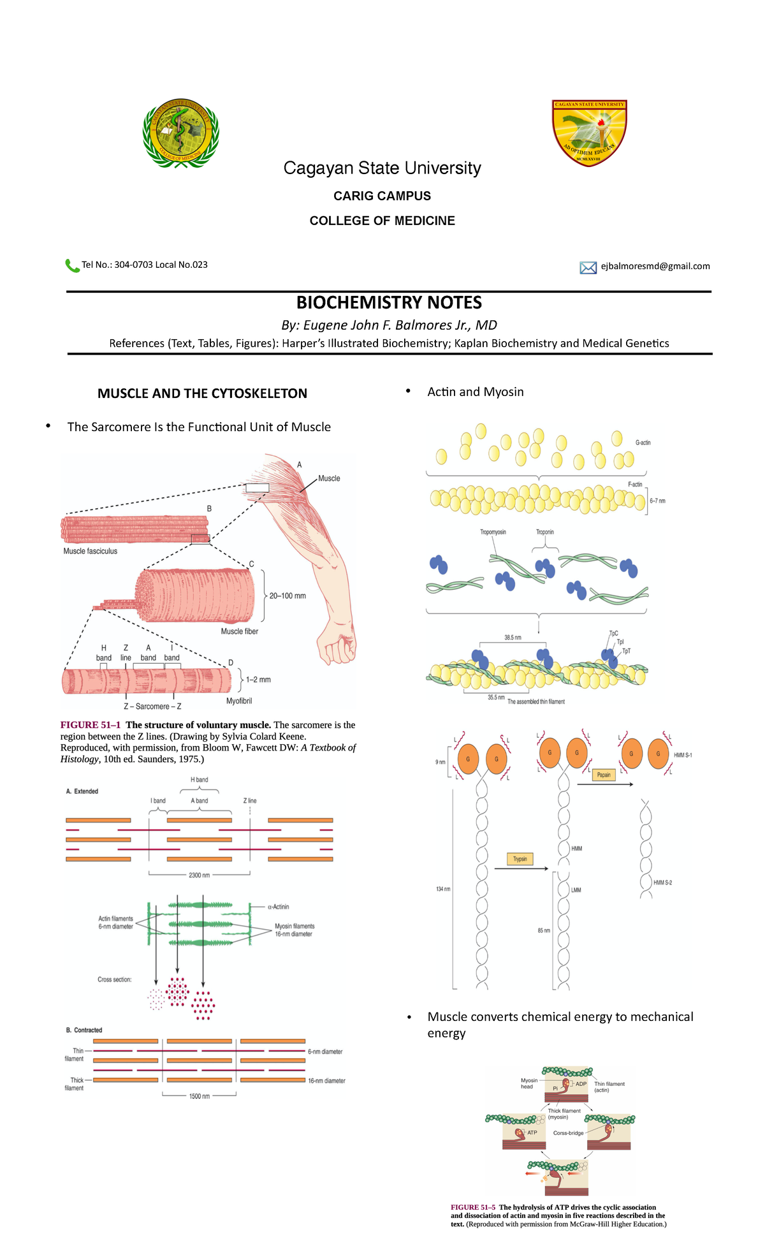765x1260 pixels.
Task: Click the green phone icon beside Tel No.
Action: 72,265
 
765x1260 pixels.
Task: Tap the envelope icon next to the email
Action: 588,267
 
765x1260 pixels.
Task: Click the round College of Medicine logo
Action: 181,135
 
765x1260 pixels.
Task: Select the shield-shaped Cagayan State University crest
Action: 589,133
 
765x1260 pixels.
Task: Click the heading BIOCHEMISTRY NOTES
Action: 389,303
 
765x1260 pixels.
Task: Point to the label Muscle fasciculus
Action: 91,551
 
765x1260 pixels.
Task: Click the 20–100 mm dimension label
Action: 288,596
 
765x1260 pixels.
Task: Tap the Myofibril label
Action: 239,701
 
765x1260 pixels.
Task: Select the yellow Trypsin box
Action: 520,859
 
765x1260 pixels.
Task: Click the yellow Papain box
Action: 604,775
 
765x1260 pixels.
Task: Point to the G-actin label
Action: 643,443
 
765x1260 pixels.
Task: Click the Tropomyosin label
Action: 493,532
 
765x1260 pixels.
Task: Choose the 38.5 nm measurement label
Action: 513,637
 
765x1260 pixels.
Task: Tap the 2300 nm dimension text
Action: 199,875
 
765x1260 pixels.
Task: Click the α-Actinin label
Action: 279,906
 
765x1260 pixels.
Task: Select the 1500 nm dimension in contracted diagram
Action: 199,1096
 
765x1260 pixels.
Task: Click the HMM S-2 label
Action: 662,883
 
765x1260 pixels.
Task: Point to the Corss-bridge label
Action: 568,1133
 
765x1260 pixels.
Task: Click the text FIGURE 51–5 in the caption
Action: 473,1207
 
